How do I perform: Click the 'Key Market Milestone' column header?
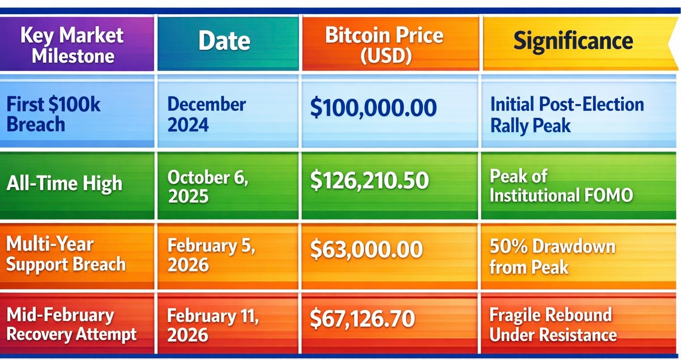pos(72,45)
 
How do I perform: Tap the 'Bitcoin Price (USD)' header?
pos(385,45)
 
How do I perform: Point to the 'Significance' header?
pos(573,42)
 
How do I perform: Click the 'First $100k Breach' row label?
pos(53,114)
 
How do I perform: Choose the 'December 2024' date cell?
pos(206,114)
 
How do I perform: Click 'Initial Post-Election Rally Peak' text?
pos(567,114)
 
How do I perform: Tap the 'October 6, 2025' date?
pos(208,186)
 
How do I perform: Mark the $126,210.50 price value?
pos(370,180)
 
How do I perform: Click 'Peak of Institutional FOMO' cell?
pos(561,186)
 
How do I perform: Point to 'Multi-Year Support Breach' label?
pos(66,254)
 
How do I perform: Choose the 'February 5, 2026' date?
pos(211,255)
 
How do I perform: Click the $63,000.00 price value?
pos(366,249)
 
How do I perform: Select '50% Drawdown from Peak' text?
pos(552,257)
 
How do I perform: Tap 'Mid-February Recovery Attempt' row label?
pos(71,325)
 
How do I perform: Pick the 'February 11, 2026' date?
pos(213,325)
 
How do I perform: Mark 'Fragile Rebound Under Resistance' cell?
pos(553,325)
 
